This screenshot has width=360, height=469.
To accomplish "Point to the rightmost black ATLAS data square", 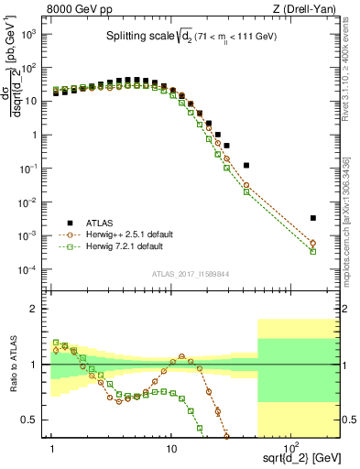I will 313,218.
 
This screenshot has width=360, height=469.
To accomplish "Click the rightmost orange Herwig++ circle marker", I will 313,243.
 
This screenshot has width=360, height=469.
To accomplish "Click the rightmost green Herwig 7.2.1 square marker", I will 313,251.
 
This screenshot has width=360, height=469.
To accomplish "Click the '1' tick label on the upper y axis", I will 35,135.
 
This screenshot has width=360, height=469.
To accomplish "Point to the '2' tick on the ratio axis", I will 36,309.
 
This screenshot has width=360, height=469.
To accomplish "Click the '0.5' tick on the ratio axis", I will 32,420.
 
